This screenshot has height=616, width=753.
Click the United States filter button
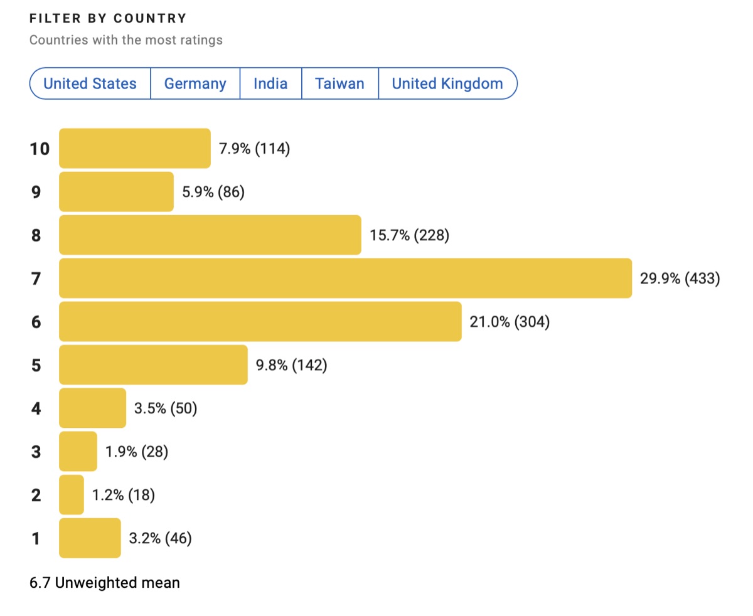point(90,83)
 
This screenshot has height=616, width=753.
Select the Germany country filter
point(195,83)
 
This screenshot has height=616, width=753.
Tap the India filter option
point(270,83)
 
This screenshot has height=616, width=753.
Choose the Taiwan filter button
point(339,83)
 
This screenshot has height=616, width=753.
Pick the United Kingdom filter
point(447,83)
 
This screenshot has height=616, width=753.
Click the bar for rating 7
point(345,278)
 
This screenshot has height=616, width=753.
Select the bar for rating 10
point(135,149)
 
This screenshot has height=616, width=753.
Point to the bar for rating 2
point(72,495)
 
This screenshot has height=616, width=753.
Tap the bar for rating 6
point(260,322)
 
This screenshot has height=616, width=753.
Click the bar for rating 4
point(93,408)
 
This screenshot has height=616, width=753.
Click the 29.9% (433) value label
point(680,278)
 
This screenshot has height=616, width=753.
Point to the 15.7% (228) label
point(409,235)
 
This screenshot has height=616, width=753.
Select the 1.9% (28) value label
point(137,451)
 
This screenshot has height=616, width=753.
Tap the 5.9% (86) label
point(213,192)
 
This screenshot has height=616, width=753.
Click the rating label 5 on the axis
point(36,365)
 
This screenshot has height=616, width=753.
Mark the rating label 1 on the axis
point(36,538)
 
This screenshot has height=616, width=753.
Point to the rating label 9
point(36,192)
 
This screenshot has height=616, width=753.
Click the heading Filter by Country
point(108,18)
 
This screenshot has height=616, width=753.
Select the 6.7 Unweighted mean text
point(105,583)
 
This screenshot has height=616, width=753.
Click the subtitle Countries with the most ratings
point(125,40)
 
